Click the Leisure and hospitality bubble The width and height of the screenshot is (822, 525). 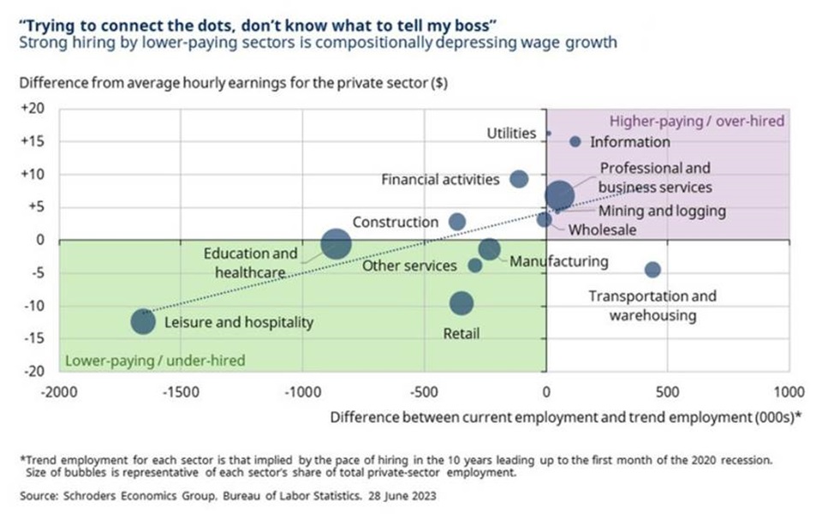tap(143, 321)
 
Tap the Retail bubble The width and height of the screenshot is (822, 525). tap(462, 303)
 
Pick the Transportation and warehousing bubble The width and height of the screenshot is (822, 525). tap(652, 270)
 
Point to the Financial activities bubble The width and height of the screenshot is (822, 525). tap(519, 179)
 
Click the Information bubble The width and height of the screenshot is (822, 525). tap(575, 141)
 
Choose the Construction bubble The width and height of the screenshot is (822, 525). tap(457, 221)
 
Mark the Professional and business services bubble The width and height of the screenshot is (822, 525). tap(559, 196)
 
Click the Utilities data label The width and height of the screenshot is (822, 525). tap(511, 134)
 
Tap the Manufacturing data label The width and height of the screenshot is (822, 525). tap(559, 262)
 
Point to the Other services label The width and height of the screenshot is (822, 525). tap(409, 265)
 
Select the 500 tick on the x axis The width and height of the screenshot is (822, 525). tap(667, 392)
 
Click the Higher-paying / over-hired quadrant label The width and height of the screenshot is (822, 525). tap(695, 121)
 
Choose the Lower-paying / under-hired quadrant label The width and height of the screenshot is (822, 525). tap(155, 361)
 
